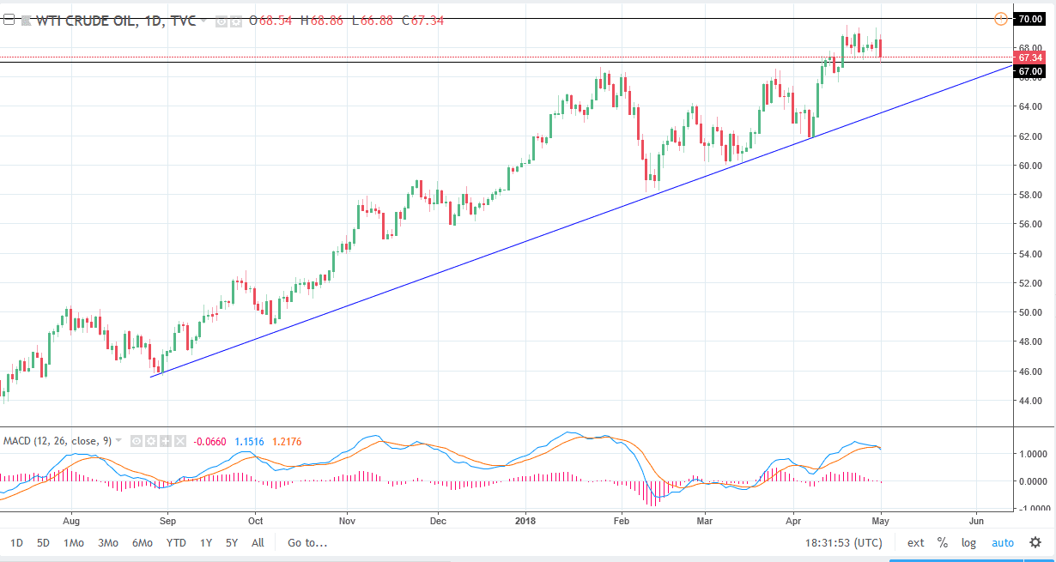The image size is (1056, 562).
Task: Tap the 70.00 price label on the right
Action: (x=1029, y=19)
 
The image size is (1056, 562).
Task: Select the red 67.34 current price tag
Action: (x=1029, y=57)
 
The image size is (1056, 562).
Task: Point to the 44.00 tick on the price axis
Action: (x=1029, y=401)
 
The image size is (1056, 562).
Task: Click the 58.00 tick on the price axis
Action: (x=1029, y=195)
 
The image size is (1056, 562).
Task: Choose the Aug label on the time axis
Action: (x=71, y=520)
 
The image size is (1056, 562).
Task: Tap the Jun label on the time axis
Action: (x=976, y=520)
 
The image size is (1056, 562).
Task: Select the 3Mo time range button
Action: (x=107, y=542)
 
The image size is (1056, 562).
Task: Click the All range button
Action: (x=258, y=542)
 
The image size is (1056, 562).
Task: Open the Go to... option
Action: (x=307, y=542)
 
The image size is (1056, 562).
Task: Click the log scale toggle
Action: (x=968, y=542)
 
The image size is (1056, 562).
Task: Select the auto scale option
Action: (x=1002, y=542)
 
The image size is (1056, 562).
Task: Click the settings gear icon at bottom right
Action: (x=1035, y=542)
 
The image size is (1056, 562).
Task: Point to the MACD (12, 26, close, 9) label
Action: (x=58, y=441)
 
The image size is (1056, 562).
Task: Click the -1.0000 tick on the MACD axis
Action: (x=1029, y=508)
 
